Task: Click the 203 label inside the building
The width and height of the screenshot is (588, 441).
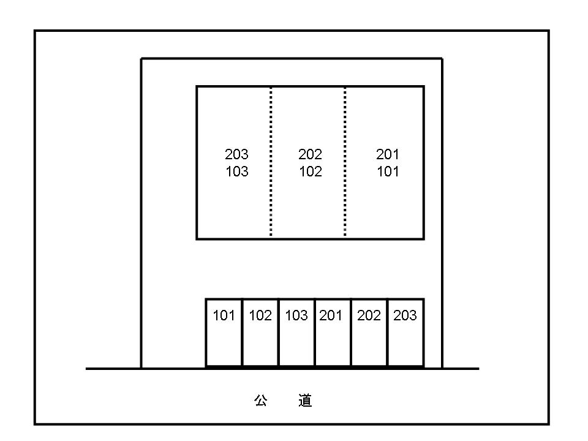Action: coord(236,154)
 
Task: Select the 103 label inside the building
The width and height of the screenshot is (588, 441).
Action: coord(237,171)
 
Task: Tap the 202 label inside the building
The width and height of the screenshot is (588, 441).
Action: coord(310,154)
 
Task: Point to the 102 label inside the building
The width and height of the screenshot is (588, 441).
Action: coord(311,171)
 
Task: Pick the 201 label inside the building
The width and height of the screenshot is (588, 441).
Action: coord(388,154)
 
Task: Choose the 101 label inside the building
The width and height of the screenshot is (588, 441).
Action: coord(388,171)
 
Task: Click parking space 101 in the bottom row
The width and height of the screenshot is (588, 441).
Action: coord(224,332)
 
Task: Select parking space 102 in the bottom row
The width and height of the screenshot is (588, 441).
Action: coord(260,332)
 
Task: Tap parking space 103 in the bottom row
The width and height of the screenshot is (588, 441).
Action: coord(296,332)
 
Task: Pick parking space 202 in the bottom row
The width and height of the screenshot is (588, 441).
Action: coord(369,332)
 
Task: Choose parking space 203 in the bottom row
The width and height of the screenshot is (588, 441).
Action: coord(405,332)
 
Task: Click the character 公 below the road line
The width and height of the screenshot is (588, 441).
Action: coord(261,401)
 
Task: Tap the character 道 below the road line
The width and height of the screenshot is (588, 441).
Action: coord(305,401)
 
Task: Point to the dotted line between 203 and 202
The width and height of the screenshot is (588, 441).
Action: coord(271,162)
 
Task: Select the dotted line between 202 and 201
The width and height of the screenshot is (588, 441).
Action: coord(345,162)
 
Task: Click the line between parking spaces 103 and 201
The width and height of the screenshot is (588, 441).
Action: coord(315,332)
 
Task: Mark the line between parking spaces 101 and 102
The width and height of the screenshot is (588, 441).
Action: coord(243,332)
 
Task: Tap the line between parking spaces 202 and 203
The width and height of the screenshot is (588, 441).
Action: coord(388,332)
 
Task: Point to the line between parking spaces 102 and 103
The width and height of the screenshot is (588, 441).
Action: coord(279,332)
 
